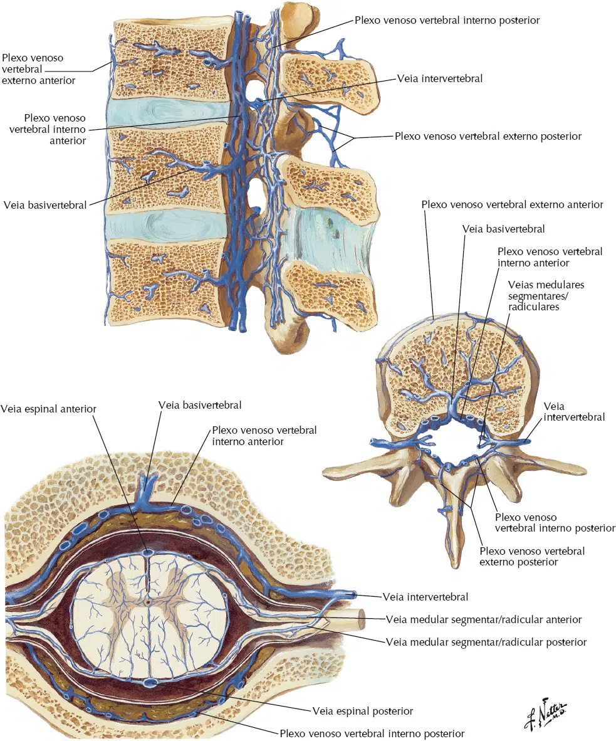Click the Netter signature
click(545, 713)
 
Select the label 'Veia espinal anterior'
click(48, 409)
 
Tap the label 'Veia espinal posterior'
click(363, 712)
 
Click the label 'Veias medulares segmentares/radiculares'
click(546, 296)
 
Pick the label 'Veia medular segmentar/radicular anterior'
click(484, 619)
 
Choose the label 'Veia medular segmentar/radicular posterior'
click(486, 642)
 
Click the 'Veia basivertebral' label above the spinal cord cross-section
click(200, 405)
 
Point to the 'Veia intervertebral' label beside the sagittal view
click(440, 78)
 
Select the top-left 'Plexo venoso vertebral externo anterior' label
click(38, 69)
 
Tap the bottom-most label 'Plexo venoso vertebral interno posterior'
click(372, 733)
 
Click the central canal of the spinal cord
click(148, 602)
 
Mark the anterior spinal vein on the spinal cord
click(149, 553)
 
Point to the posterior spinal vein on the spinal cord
click(150, 683)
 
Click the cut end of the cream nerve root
click(360, 619)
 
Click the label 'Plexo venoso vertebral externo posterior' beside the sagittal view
click(488, 136)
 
